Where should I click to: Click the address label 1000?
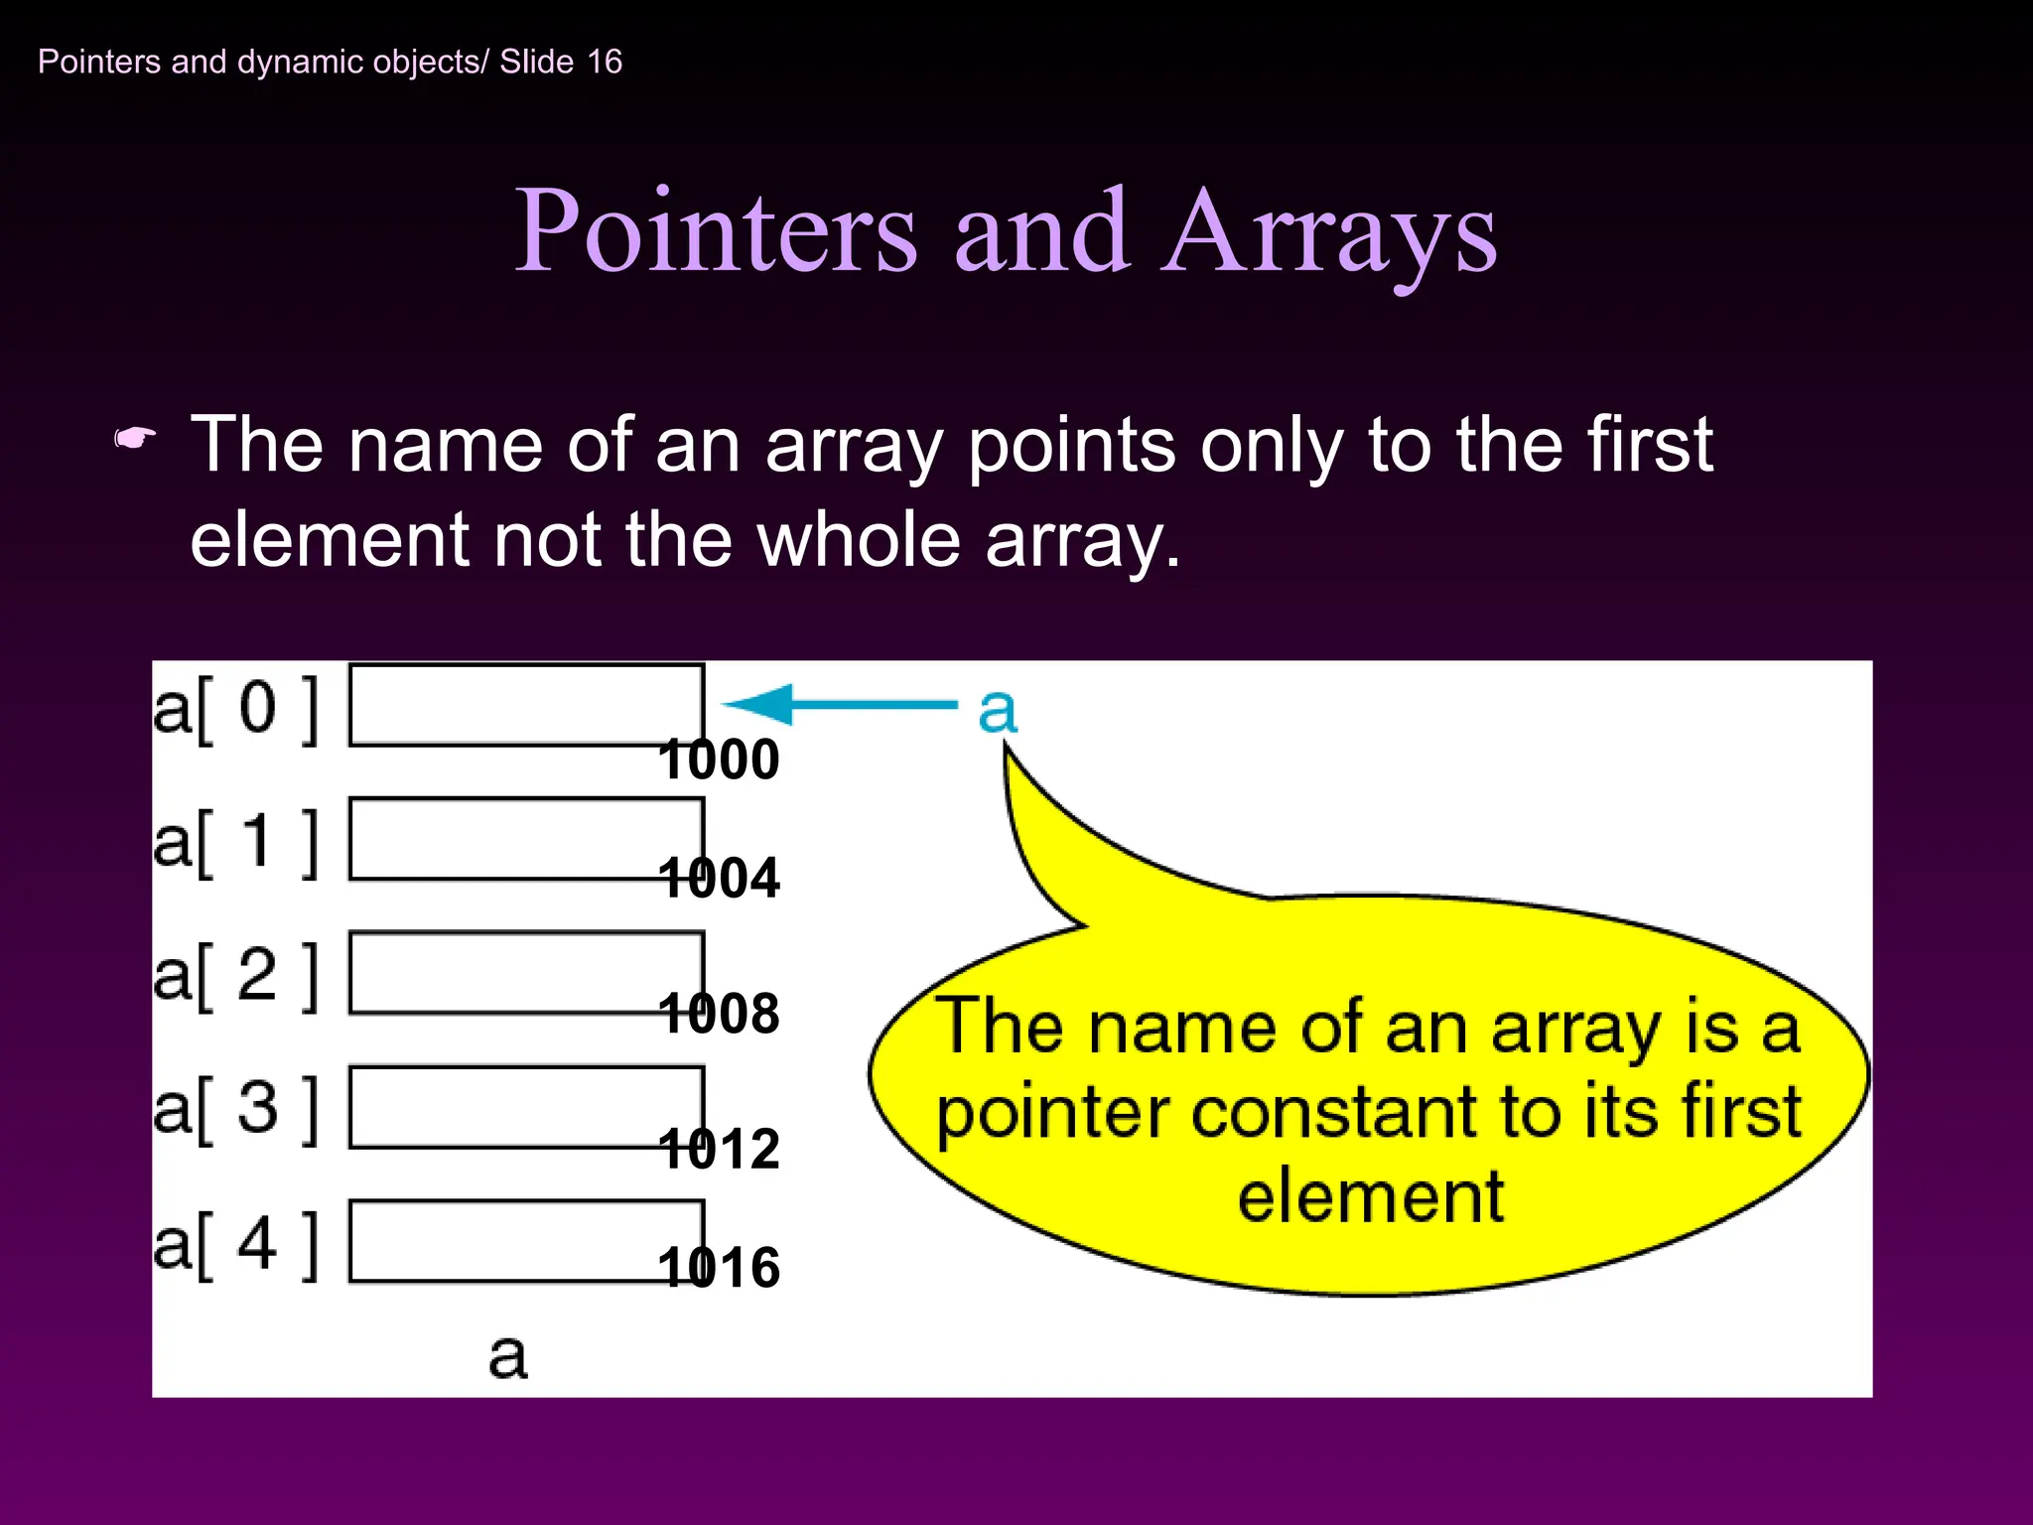tap(719, 760)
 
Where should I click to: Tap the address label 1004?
tap(719, 879)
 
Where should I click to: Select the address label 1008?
tap(719, 1014)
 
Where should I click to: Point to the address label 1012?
tap(719, 1149)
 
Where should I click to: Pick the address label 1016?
tap(719, 1268)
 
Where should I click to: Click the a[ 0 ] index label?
tap(236, 709)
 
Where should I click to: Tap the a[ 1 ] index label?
tap(236, 842)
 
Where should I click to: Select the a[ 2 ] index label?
tap(236, 976)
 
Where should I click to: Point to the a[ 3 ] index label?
tap(236, 1109)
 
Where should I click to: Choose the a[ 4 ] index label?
tap(236, 1244)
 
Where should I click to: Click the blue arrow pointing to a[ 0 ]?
tap(839, 705)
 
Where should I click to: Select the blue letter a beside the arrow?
tap(998, 710)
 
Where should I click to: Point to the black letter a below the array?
tap(507, 1356)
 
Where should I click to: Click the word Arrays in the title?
tap(1330, 232)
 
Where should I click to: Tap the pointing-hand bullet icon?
tap(135, 438)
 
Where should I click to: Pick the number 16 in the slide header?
tap(605, 62)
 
